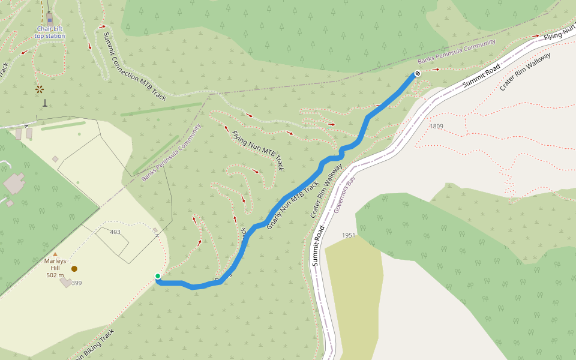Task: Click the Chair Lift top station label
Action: point(49,32)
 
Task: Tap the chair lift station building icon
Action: point(49,18)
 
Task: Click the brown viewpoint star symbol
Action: point(40,89)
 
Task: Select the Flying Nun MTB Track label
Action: point(258,151)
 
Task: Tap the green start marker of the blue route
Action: point(158,277)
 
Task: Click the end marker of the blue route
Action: point(417,73)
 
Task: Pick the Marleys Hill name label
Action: point(55,264)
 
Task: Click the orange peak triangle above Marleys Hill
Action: point(55,254)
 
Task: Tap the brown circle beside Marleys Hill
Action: point(74,269)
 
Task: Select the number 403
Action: point(115,232)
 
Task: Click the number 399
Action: point(77,283)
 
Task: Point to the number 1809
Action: point(436,126)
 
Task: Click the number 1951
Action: point(349,235)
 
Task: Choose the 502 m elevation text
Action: point(55,275)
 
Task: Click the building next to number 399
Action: point(65,281)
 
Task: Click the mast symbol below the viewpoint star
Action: point(44,103)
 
